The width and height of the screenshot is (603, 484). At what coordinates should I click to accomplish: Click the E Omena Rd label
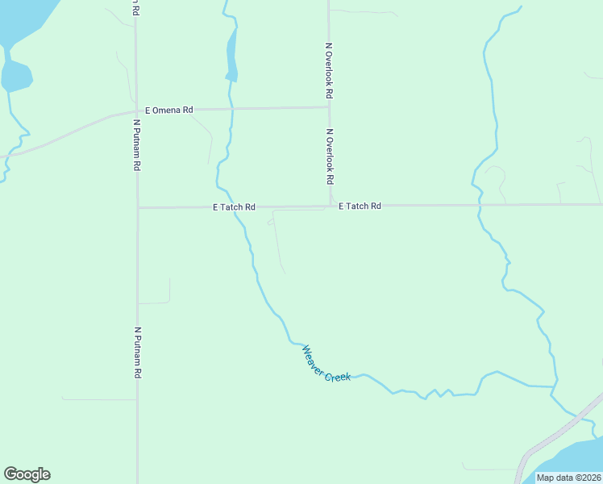click(x=168, y=110)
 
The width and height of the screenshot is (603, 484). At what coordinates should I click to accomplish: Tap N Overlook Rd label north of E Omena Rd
click(x=329, y=71)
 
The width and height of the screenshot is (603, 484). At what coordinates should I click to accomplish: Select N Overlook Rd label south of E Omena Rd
click(x=330, y=156)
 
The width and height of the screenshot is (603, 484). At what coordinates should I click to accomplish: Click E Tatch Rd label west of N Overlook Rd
click(x=234, y=207)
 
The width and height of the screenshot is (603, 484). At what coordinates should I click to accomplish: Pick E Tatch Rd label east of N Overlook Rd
click(x=360, y=207)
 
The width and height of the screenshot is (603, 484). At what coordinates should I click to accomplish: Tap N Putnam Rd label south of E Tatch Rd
click(x=138, y=353)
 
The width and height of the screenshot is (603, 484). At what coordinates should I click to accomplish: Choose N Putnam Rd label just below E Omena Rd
click(x=137, y=145)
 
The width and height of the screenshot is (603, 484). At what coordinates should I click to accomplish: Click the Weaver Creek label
click(x=326, y=364)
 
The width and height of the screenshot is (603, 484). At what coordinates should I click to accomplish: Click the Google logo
click(x=27, y=474)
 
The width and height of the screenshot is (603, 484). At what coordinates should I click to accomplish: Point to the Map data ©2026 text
click(x=569, y=478)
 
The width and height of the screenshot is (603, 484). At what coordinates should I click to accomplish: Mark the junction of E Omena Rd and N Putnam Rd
click(x=136, y=111)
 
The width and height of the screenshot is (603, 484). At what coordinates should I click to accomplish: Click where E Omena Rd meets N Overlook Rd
click(x=329, y=106)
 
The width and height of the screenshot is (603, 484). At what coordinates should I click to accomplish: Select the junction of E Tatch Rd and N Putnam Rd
click(x=138, y=207)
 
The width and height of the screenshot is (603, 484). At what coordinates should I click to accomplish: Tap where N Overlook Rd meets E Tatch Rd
click(x=331, y=206)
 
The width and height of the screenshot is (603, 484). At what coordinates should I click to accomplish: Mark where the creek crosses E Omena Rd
click(x=231, y=108)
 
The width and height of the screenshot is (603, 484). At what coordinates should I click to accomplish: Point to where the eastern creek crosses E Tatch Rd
click(x=479, y=205)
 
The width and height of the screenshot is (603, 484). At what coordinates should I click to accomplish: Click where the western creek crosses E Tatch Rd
click(x=235, y=207)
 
